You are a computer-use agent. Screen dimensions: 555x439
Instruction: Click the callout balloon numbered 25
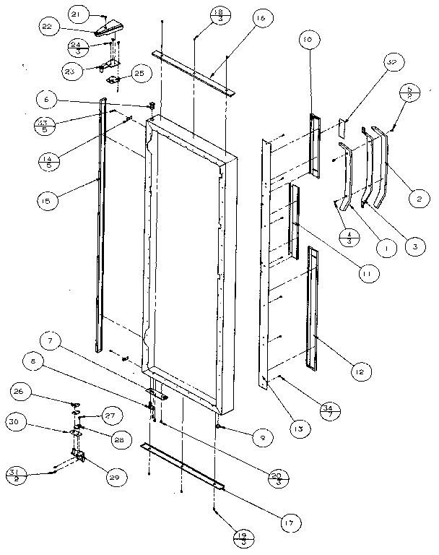[x=139, y=74]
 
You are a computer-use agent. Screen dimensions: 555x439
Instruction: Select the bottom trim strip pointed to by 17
[x=184, y=466]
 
